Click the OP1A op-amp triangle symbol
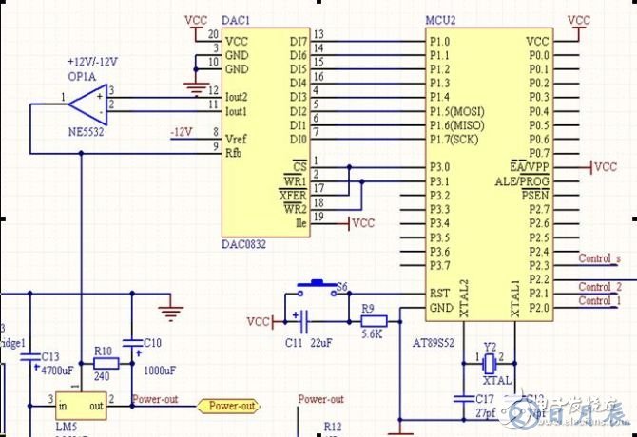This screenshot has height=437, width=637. click(89, 98)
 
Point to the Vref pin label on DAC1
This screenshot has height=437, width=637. click(238, 138)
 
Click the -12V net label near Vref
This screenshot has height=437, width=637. click(182, 130)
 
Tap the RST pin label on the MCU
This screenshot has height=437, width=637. click(438, 294)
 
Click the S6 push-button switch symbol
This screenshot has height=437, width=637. click(315, 285)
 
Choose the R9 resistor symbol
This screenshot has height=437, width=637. click(369, 320)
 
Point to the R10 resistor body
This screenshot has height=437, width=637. click(105, 363)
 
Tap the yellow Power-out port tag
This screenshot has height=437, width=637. click(231, 407)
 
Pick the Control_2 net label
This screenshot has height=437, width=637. click(600, 287)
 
